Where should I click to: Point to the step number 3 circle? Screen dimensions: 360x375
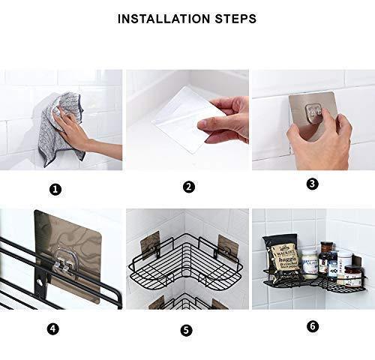click(x=312, y=184)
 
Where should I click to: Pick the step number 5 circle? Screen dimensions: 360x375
click(x=186, y=329)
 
